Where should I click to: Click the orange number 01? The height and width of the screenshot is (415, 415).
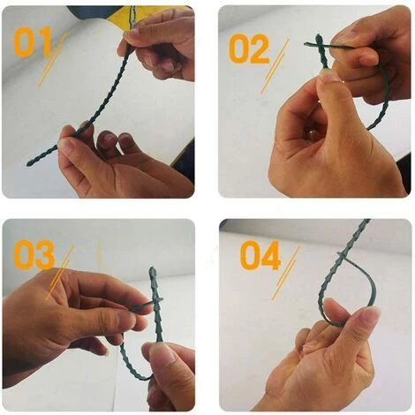pos(33,41)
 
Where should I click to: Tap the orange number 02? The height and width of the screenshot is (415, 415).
pos(249,49)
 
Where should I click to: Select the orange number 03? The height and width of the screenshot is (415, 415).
pos(34,254)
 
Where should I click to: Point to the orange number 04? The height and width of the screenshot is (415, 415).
pos(260,255)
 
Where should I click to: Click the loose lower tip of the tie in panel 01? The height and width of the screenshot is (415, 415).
pos(28,164)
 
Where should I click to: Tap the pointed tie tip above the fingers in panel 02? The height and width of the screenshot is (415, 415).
pos(318,36)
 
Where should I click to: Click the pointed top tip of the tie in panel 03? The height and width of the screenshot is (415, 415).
pos(152,268)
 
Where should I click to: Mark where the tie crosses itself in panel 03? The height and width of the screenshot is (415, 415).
pos(155,302)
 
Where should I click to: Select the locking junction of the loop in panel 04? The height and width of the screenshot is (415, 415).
pos(342,255)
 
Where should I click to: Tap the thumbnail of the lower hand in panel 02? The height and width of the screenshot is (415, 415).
pos(329,76)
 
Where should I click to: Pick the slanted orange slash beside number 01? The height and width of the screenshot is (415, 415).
pos(53,60)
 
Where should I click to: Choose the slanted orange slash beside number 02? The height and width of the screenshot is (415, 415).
pos(275,66)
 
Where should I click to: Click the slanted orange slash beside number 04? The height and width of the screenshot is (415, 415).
pos(285,273)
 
